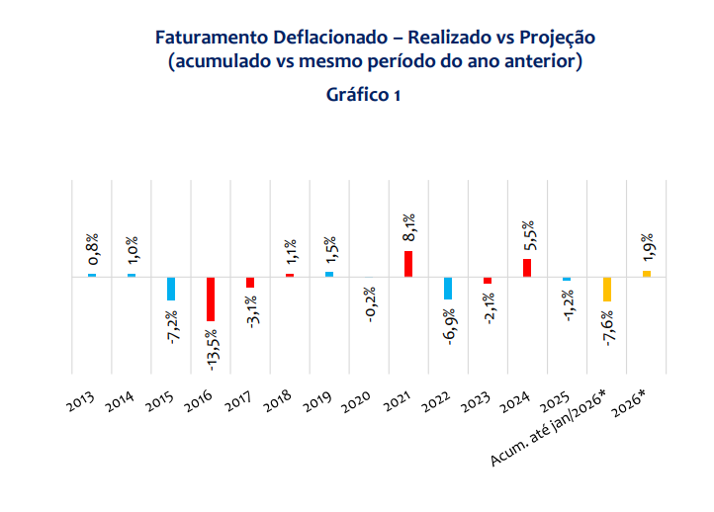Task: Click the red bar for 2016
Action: point(211,299)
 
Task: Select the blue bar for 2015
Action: point(171,289)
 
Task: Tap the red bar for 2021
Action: point(408,264)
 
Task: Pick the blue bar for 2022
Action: point(448,288)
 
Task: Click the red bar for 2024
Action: point(527,268)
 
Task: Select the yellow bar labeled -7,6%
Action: point(606,290)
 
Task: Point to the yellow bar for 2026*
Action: point(646,274)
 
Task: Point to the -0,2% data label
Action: point(370,304)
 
